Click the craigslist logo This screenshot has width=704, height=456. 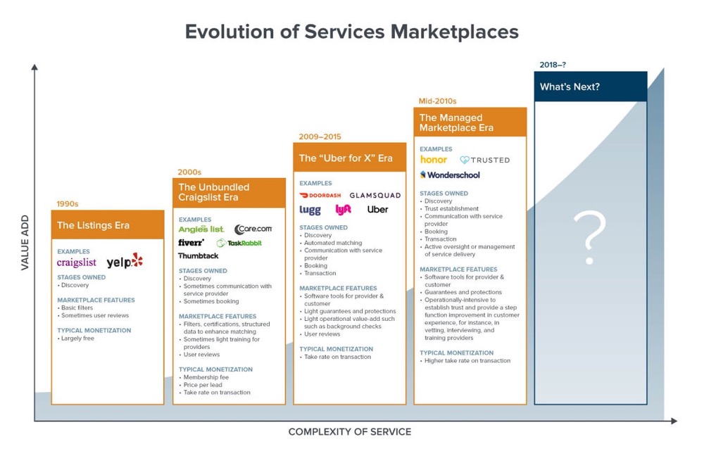[x=77, y=262]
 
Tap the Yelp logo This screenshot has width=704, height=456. [x=125, y=262]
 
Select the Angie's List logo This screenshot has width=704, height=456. [x=201, y=229]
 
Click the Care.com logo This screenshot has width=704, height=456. [x=253, y=229]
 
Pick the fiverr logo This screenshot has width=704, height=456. [x=191, y=243]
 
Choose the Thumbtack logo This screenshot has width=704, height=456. [x=199, y=256]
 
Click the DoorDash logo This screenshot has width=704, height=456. [x=320, y=196]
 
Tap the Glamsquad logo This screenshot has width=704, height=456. [x=375, y=196]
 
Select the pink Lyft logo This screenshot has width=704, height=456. [x=344, y=210]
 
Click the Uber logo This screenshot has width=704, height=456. [x=377, y=210]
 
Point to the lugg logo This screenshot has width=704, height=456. [x=310, y=210]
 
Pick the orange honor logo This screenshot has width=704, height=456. [x=434, y=160]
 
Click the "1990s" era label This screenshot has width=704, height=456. [x=68, y=204]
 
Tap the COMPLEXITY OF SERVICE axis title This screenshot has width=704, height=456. [x=350, y=431]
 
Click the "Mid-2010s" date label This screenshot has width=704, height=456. [x=438, y=101]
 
